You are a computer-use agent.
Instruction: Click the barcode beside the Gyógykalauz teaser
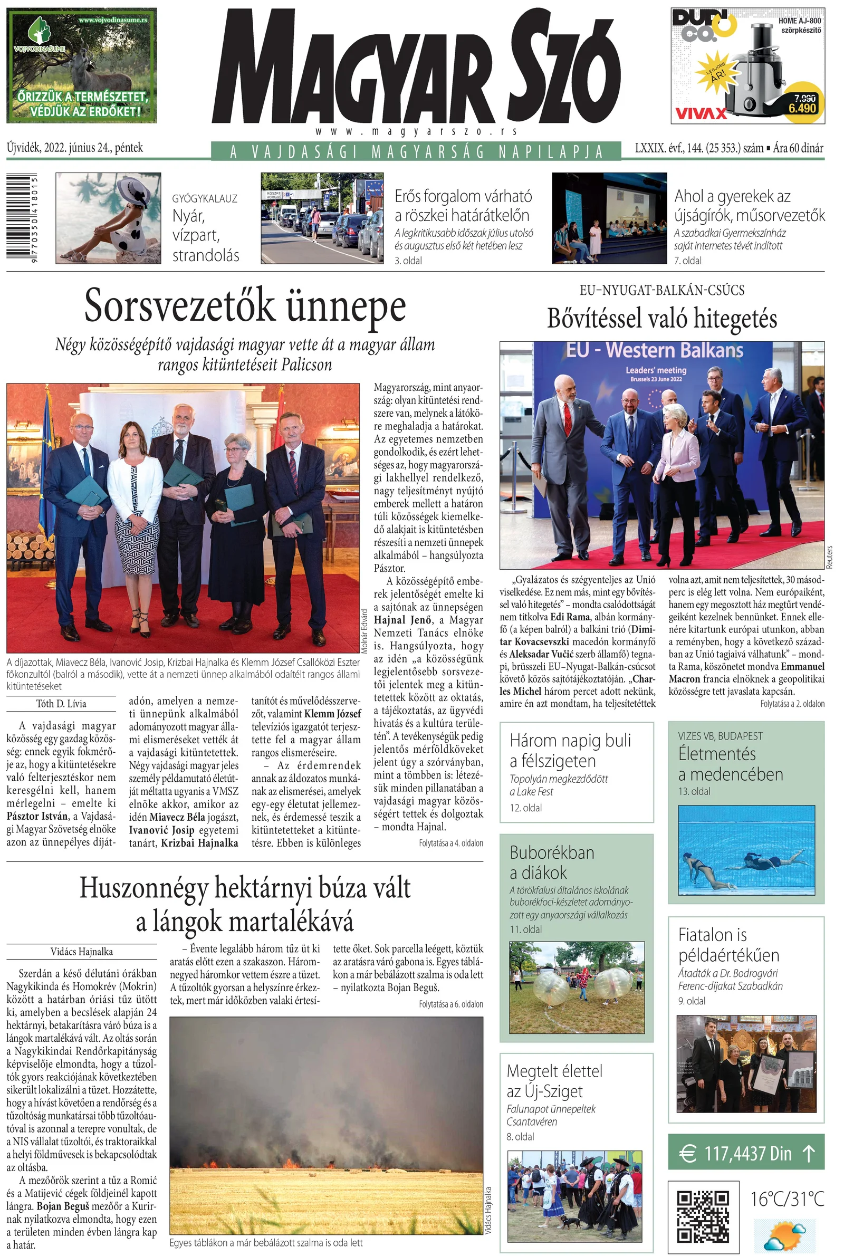click(21, 218)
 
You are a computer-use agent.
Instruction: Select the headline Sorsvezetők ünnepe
click(245, 305)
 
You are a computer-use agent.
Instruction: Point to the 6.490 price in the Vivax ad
click(802, 108)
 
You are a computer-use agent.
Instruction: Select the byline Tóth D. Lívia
click(61, 704)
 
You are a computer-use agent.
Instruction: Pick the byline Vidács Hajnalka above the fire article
click(82, 952)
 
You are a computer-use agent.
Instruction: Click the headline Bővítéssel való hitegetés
click(661, 319)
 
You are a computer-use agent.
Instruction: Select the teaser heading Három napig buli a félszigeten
click(570, 750)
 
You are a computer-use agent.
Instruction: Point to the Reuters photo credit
click(829, 557)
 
